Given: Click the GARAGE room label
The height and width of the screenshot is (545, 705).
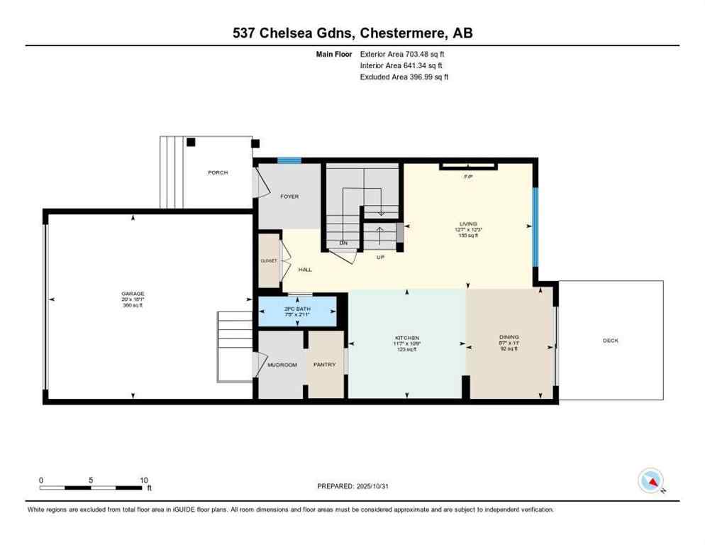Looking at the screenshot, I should pyautogui.click(x=133, y=293).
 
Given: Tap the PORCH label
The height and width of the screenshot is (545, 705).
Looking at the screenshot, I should pyautogui.click(x=218, y=172).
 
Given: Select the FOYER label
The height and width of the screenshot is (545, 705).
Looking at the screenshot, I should pyautogui.click(x=289, y=197).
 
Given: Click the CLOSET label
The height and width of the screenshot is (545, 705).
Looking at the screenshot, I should pyautogui.click(x=268, y=260).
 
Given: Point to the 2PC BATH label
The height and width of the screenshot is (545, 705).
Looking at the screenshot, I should pyautogui.click(x=298, y=309).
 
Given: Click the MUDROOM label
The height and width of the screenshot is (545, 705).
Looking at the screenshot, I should pyautogui.click(x=282, y=365).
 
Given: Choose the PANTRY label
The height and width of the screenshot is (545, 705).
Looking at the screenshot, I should pyautogui.click(x=325, y=365).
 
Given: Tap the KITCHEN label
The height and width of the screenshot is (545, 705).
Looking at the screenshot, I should pyautogui.click(x=407, y=338).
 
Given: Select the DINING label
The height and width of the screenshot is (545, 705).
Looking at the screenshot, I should pyautogui.click(x=509, y=337).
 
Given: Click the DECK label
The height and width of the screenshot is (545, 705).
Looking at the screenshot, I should pyautogui.click(x=611, y=341).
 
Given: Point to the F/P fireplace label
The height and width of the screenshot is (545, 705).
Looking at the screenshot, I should pyautogui.click(x=468, y=176).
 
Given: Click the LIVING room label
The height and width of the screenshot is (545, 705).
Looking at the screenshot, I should pyautogui.click(x=467, y=223).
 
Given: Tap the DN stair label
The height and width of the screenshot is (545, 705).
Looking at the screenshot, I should pyautogui.click(x=343, y=243).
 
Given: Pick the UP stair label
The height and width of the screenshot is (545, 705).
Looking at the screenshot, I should pyautogui.click(x=380, y=257).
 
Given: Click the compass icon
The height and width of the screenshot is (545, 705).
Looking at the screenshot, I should pyautogui.click(x=650, y=481).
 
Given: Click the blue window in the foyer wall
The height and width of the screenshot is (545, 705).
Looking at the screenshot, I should pyautogui.click(x=285, y=160).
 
